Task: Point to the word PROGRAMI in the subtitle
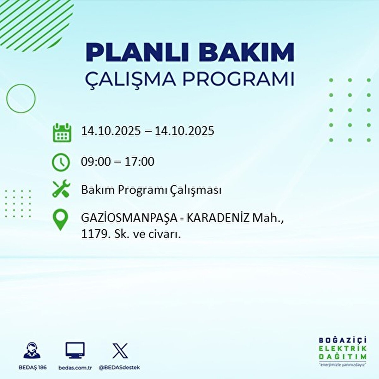pos(238,79)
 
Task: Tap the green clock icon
pos(61,162)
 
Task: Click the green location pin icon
pos(60,220)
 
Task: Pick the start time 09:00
pos(96,162)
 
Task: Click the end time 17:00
pos(139,162)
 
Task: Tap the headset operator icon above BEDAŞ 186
pos(32,350)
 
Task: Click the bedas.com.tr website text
pos(75,368)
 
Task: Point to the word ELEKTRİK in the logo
pos(343,349)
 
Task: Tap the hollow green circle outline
pos(21,99)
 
